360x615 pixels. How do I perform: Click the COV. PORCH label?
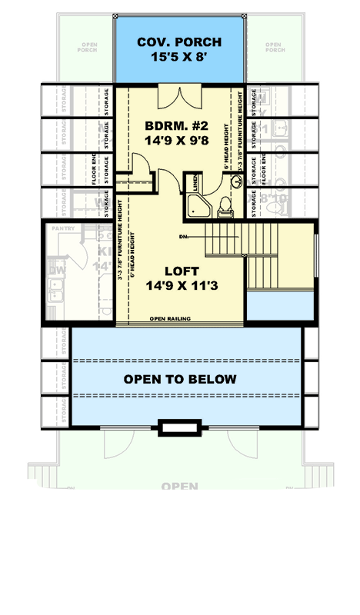[x=180, y=42]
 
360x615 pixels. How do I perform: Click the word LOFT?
[x=181, y=271]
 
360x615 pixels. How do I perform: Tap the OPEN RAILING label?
[x=170, y=317]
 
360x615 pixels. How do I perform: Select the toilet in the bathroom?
[x=224, y=204]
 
